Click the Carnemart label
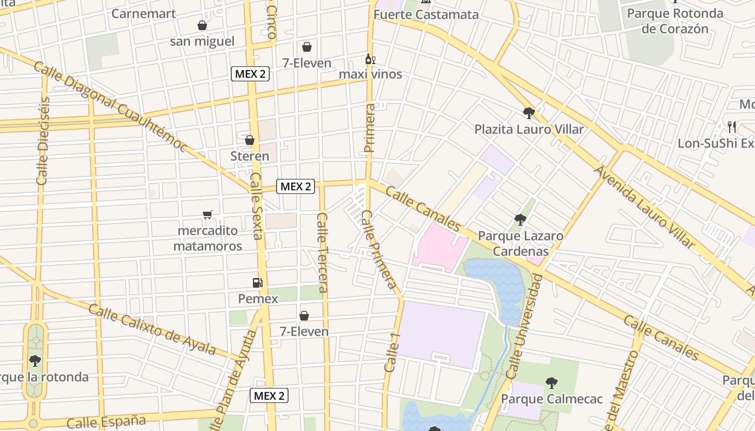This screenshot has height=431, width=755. [143, 13]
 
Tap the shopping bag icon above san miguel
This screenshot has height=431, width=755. [202, 25]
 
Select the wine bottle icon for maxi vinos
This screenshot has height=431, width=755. [370, 59]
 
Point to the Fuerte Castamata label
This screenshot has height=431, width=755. [426, 15]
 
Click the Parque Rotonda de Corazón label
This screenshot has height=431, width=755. [675, 21]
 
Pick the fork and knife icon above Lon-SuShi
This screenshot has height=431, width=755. [732, 127]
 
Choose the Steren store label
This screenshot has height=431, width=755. [250, 156]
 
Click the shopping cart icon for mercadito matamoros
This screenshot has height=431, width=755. [208, 215]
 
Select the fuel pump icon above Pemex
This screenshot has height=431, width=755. [258, 283]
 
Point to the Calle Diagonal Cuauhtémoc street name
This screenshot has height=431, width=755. [111, 107]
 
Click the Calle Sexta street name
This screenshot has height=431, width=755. [257, 206]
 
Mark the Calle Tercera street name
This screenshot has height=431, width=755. [322, 252]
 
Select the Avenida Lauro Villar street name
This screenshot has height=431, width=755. [644, 206]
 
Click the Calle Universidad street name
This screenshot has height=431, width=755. [523, 326]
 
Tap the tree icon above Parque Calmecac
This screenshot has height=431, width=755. [551, 383]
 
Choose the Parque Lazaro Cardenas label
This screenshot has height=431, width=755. [520, 244]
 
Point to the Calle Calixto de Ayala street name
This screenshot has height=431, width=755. [152, 329]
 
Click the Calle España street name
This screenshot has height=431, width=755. [106, 421]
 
